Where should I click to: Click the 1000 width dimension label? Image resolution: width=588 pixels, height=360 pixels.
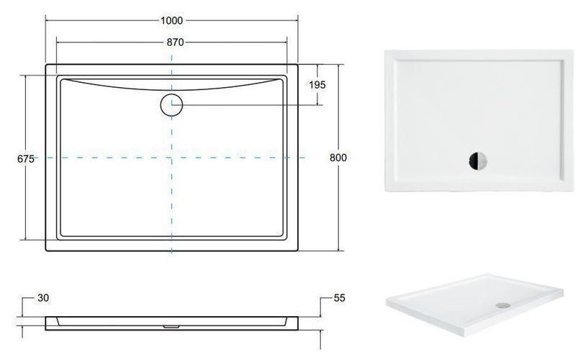(172, 20)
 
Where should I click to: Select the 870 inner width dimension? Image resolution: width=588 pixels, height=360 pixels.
(175, 42)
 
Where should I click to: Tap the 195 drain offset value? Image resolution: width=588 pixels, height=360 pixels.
(317, 85)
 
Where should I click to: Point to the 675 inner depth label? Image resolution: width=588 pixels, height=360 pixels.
(26, 158)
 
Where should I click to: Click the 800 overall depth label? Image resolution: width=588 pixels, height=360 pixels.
(338, 158)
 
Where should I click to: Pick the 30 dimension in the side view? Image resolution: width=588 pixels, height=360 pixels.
(43, 298)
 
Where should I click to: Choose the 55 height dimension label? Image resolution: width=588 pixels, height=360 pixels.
(340, 298)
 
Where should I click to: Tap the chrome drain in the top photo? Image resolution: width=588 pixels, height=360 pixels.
(478, 161)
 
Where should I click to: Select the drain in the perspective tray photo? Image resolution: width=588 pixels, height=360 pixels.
(503, 305)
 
